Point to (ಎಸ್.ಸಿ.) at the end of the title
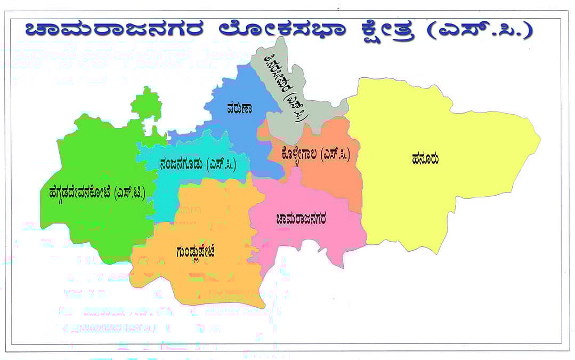click(x=482, y=30)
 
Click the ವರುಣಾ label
click(x=238, y=108)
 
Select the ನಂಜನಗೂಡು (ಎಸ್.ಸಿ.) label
click(x=197, y=164)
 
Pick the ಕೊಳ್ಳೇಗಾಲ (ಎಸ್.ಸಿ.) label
click(x=315, y=155)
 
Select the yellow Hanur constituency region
click(x=453, y=197)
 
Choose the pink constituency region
click(x=309, y=240)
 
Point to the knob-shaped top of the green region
click(x=146, y=105)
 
